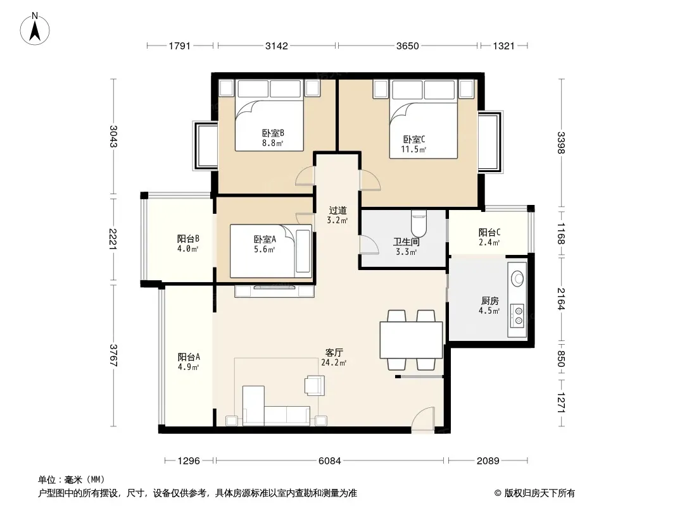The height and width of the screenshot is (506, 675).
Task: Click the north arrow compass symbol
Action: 35,29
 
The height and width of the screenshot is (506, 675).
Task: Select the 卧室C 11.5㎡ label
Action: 413,144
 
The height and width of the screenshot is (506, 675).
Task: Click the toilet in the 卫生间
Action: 419,223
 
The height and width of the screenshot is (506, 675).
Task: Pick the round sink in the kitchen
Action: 517,278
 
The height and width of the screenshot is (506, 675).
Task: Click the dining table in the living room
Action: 411,340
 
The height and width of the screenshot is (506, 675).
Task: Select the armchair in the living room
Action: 315,385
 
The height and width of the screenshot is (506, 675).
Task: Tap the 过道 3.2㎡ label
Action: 337,215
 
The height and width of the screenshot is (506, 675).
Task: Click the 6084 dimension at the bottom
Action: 330,461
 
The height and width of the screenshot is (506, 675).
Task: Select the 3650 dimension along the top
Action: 407,46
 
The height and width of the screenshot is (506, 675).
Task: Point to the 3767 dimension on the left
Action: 113,355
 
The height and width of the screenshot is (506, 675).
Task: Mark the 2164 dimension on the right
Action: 560,299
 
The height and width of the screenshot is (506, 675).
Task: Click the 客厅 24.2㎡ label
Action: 334,357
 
